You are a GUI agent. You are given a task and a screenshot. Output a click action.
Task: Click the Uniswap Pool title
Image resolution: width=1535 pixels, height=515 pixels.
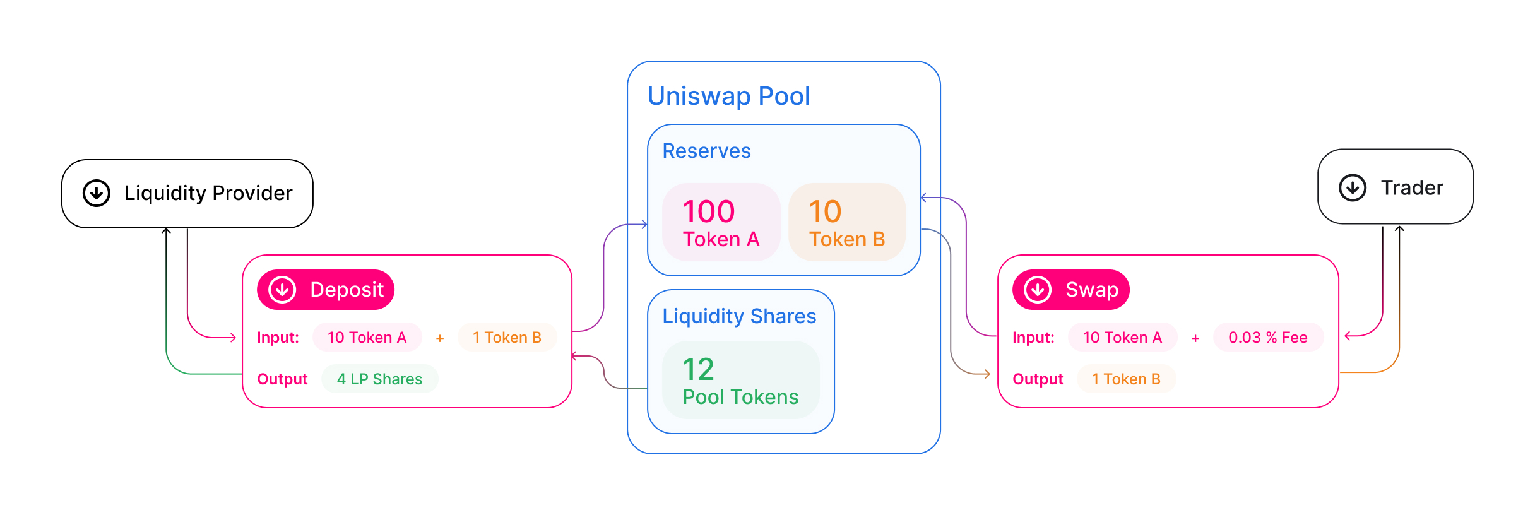tap(728, 97)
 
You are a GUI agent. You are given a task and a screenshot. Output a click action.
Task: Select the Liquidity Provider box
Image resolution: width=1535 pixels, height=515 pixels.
tap(187, 193)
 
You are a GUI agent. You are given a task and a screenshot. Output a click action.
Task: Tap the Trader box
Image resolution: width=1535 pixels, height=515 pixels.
tap(1395, 187)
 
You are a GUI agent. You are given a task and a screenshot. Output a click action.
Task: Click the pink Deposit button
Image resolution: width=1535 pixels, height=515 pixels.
tap(326, 290)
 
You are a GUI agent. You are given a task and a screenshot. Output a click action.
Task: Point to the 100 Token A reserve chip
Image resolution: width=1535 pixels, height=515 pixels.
tap(721, 222)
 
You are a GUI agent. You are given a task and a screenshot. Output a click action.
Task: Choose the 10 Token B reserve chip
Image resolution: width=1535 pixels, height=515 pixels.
tap(846, 222)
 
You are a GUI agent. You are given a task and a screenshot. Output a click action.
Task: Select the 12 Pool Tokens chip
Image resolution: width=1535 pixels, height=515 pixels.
tap(740, 380)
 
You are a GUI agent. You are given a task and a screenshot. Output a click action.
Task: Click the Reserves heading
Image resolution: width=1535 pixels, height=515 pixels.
tap(706, 151)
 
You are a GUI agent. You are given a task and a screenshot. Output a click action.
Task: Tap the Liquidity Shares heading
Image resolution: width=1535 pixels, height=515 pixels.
tap(738, 316)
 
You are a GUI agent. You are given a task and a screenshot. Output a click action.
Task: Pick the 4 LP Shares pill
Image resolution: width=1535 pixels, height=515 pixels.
tap(379, 379)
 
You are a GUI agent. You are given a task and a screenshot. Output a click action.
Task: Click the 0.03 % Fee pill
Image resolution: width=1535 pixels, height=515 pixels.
tap(1267, 338)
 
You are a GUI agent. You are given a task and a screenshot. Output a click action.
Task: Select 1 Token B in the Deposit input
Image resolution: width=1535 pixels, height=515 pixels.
tap(507, 338)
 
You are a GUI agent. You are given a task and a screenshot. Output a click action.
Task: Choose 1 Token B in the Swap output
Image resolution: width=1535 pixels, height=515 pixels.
tap(1126, 379)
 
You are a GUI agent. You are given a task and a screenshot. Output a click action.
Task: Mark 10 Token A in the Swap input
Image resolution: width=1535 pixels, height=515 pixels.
tap(1122, 338)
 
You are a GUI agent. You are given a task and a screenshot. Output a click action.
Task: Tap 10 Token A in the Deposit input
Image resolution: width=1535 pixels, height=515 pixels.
tap(367, 338)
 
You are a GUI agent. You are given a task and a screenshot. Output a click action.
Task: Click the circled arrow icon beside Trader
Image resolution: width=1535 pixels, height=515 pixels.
tap(1353, 187)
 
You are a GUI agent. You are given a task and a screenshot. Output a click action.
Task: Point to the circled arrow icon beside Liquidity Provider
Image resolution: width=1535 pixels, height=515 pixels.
tap(97, 193)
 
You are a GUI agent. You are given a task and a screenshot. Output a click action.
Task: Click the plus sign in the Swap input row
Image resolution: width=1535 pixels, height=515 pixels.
tap(1195, 339)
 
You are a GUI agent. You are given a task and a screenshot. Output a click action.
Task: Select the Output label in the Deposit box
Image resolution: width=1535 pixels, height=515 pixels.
tap(282, 379)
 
